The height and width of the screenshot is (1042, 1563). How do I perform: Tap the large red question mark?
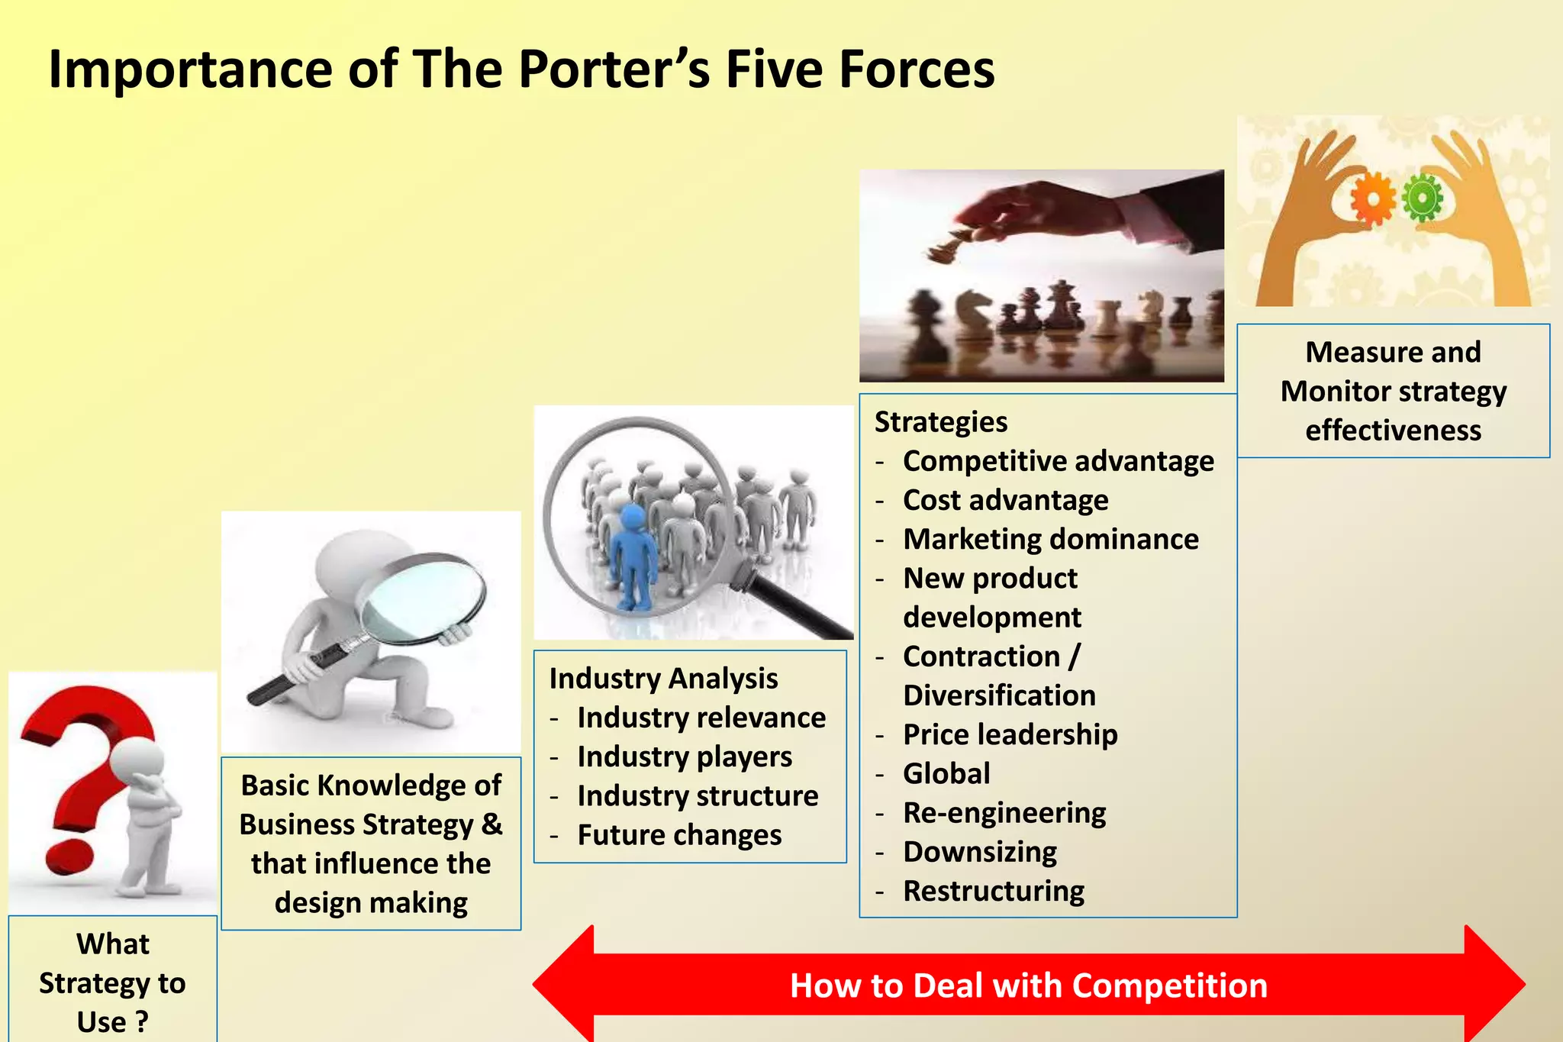[x=84, y=763]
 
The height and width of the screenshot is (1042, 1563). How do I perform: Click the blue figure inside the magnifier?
[x=633, y=557]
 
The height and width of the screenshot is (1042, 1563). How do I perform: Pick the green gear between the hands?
[x=1422, y=198]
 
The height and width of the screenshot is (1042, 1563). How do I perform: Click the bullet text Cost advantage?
[x=1005, y=501]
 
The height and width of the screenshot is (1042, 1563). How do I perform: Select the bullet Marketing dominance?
[x=1050, y=540]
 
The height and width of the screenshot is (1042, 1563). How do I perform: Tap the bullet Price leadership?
[x=1010, y=735]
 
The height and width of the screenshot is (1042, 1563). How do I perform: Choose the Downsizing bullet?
[x=980, y=852]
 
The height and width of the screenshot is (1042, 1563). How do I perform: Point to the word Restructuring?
[x=993, y=892]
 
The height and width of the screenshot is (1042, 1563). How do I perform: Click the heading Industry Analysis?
[x=663, y=679]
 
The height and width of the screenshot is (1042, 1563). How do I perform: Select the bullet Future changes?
[x=679, y=835]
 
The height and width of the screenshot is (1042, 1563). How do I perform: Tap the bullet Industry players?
[x=685, y=757]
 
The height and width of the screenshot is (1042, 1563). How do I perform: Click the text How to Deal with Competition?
[x=1028, y=986]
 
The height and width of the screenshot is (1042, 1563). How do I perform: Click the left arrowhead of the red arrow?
[x=565, y=985]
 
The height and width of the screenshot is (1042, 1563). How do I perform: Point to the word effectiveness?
[x=1393, y=431]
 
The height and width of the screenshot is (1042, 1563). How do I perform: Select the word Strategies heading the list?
[x=940, y=422]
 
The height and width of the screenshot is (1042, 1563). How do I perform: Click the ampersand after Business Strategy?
[x=492, y=824]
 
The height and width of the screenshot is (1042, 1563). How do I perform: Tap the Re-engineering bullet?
[x=1004, y=813]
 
